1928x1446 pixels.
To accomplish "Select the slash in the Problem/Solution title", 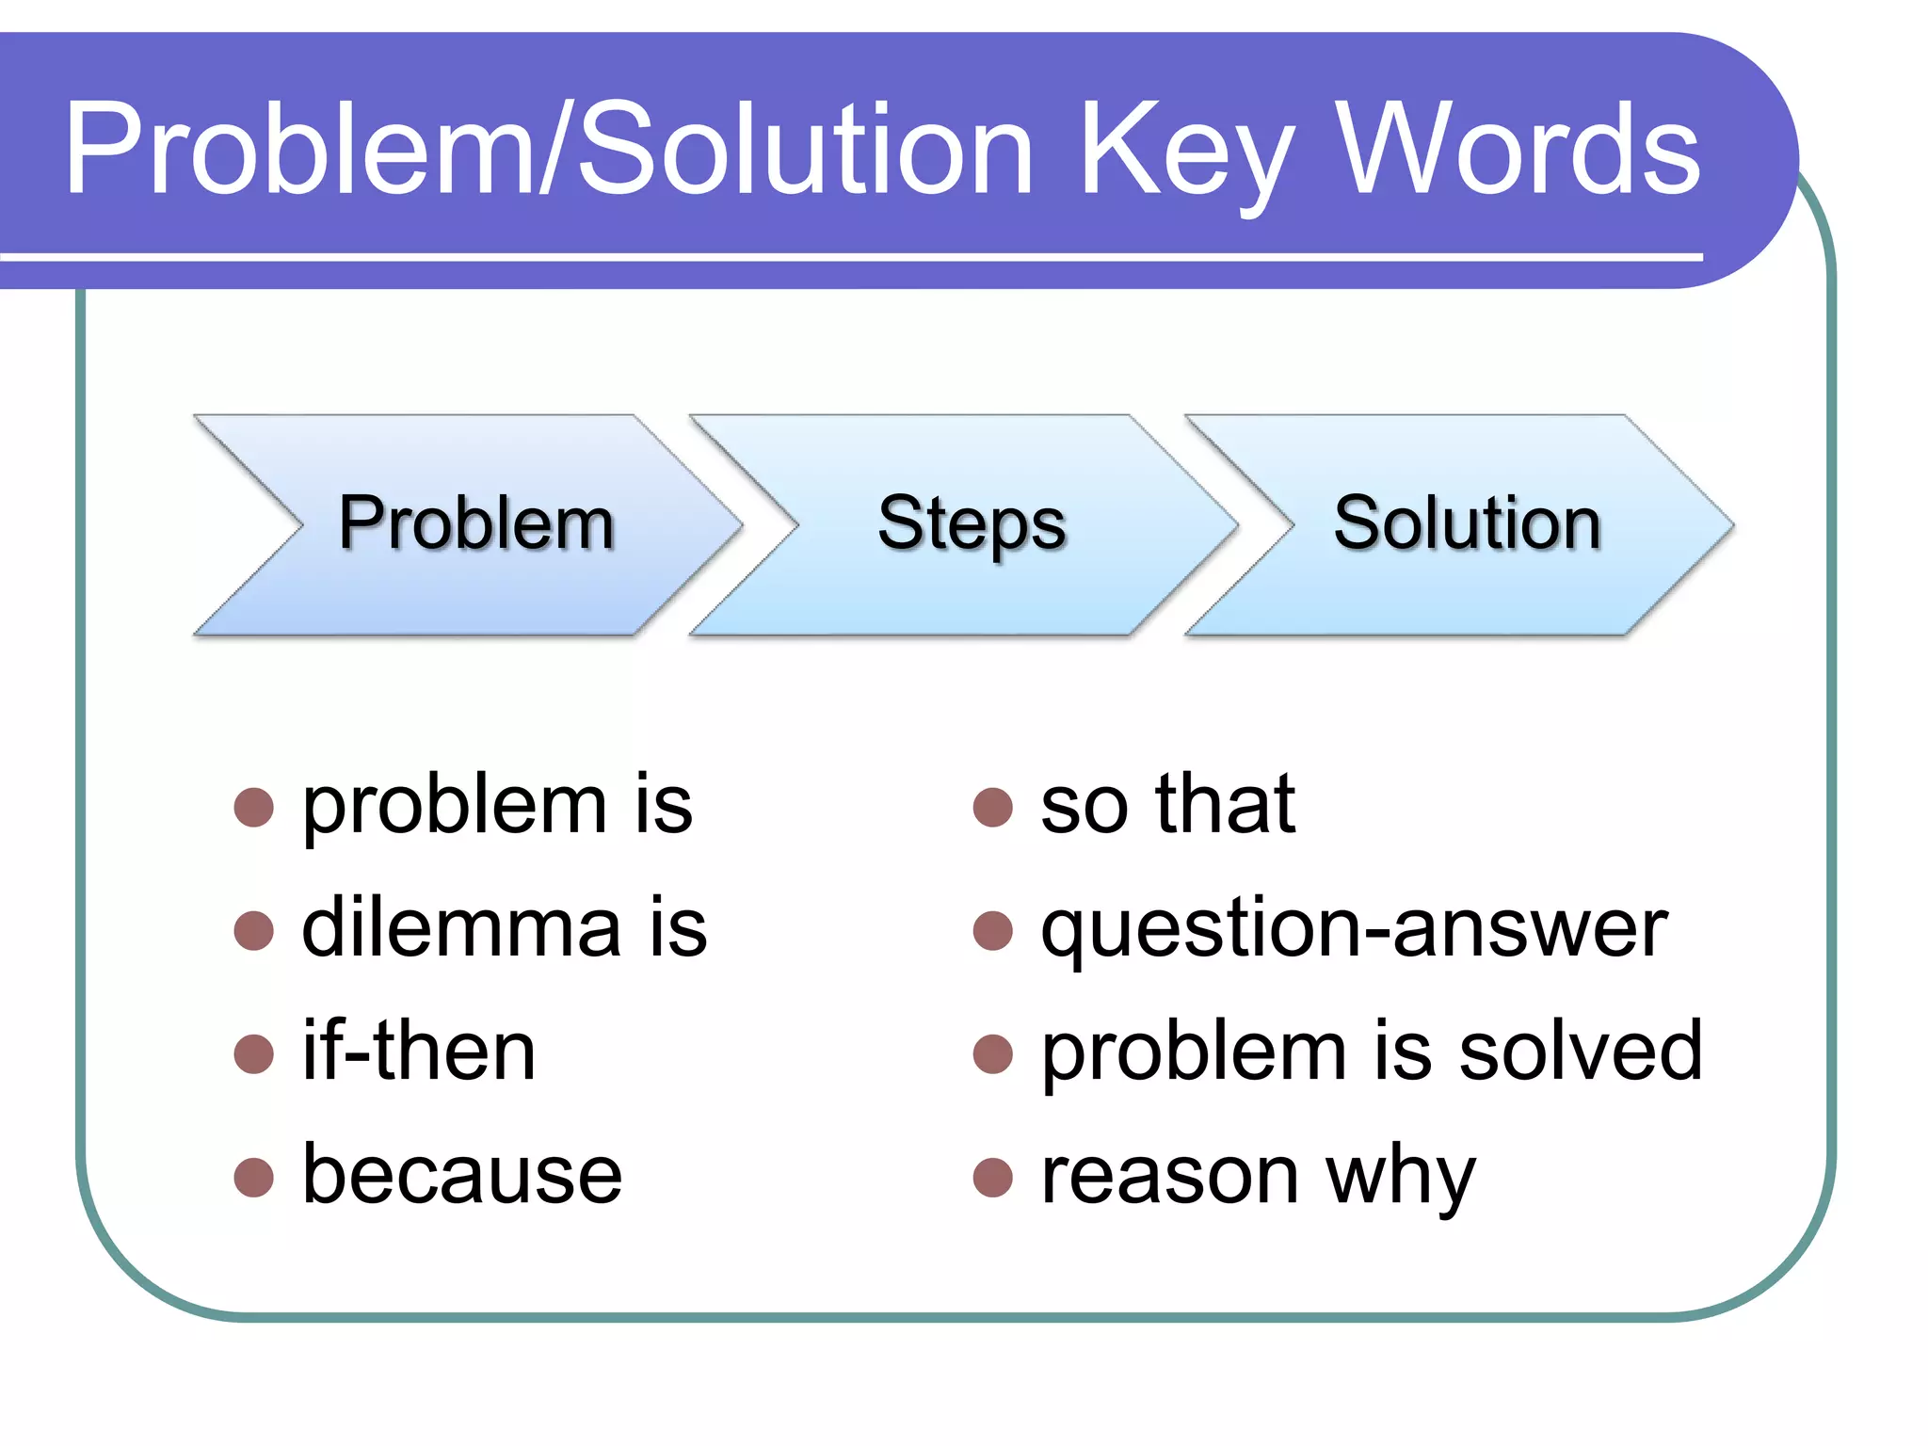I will [x=555, y=151].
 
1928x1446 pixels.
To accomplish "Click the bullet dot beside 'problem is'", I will [x=253, y=807].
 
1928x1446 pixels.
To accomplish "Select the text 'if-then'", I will [x=419, y=1051].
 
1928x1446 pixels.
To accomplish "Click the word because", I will [x=461, y=1174].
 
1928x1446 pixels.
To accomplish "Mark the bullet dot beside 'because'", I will [x=253, y=1177].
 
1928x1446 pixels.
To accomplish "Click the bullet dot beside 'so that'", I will [x=992, y=807].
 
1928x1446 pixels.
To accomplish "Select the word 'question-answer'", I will [x=1354, y=930].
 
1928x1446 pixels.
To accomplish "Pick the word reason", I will [x=1170, y=1177].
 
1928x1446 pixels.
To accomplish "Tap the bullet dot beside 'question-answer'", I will [x=992, y=930].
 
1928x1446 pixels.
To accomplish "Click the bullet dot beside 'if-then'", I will [x=253, y=1053].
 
